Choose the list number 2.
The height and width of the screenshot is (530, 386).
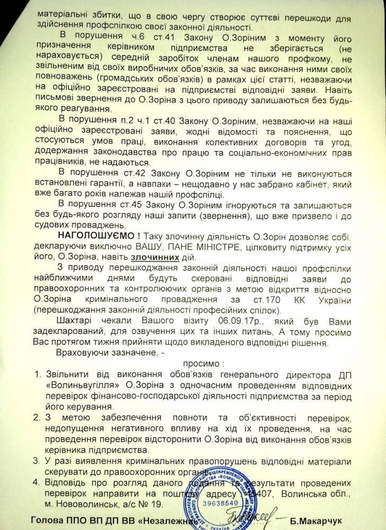pos(38,417)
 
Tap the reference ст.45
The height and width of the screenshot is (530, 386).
pos(139,202)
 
